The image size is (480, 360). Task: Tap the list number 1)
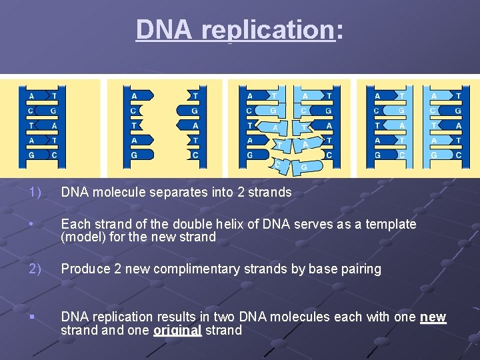pos(35,192)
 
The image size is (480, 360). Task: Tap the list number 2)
pos(35,269)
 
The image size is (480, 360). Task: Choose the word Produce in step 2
pos(85,269)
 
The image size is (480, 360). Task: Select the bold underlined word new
pos(433,317)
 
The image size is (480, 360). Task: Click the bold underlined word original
pos(177,330)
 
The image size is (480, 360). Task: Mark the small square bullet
pos(31,317)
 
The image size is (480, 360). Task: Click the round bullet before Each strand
pos(31,224)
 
